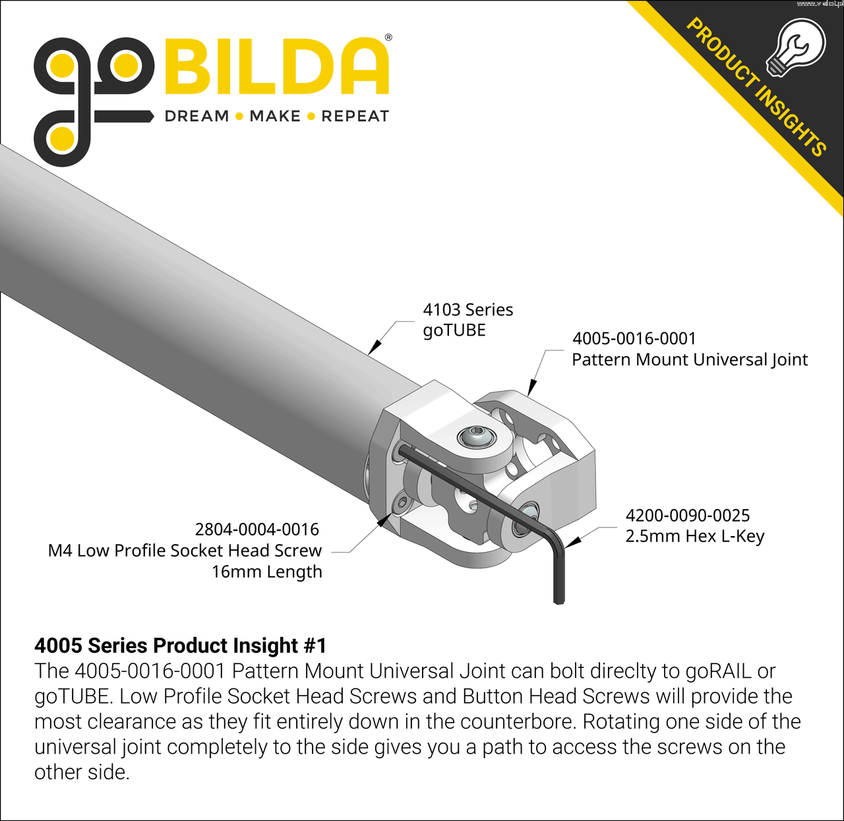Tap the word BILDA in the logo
(x=277, y=67)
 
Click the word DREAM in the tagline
(x=197, y=116)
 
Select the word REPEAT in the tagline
(x=355, y=116)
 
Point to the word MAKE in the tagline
(x=275, y=116)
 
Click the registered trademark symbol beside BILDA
(x=388, y=38)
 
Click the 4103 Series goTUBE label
(x=467, y=320)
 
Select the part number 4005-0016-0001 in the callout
(x=634, y=338)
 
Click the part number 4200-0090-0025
(x=688, y=515)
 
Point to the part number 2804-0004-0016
(x=256, y=529)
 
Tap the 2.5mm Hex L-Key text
(x=694, y=537)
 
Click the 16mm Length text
(x=267, y=572)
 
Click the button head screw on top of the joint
(x=477, y=437)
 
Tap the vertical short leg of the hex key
(x=559, y=572)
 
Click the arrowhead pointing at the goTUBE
(x=375, y=346)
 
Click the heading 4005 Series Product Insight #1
(x=181, y=646)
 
